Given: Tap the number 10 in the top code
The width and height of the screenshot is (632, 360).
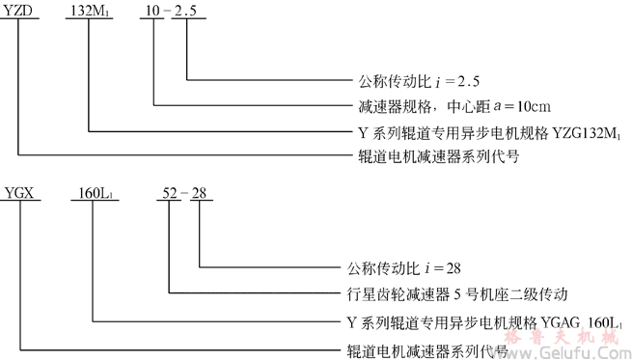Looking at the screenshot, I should (152, 10).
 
